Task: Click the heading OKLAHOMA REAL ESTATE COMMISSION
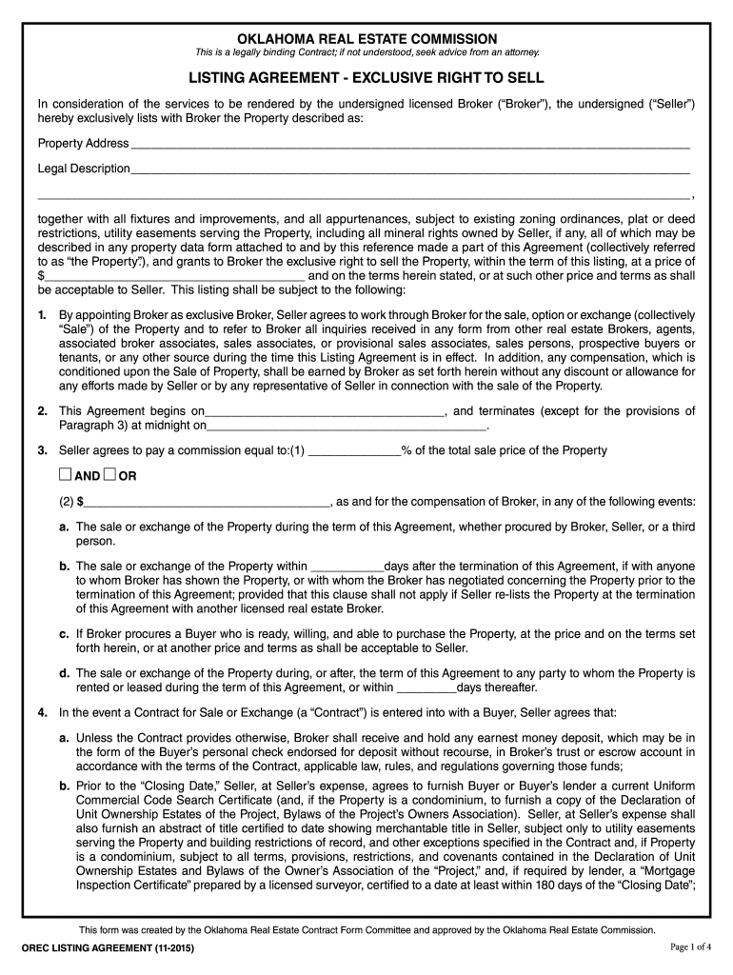click(x=366, y=38)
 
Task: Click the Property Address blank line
click(x=409, y=145)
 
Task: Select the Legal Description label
click(x=84, y=169)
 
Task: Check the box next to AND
click(x=65, y=475)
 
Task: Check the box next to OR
click(x=109, y=475)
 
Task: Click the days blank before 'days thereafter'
click(x=426, y=688)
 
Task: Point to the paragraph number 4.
click(x=42, y=712)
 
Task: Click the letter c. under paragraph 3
click(x=63, y=633)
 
